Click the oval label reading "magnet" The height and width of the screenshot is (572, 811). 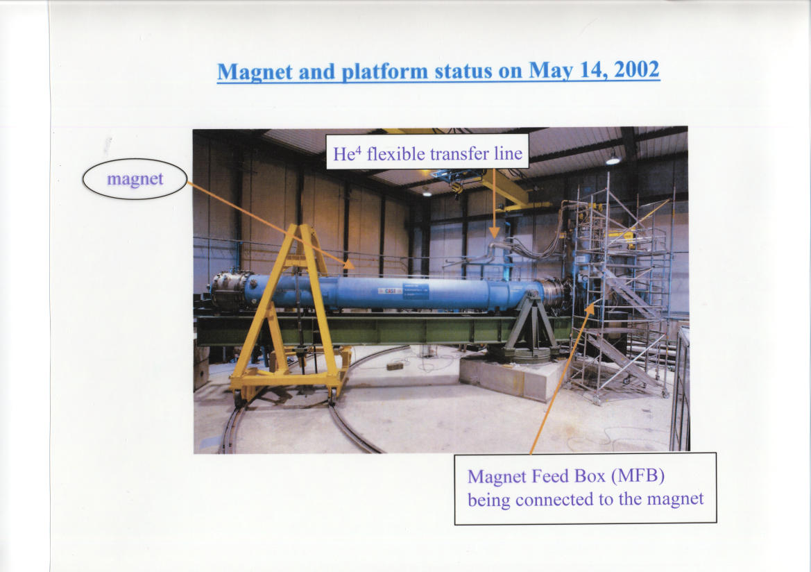tap(135, 179)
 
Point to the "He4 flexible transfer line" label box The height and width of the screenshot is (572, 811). tap(427, 151)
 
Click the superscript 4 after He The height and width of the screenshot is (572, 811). tap(357, 149)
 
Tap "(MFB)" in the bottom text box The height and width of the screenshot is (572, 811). tap(638, 476)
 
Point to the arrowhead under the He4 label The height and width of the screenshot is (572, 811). tap(495, 233)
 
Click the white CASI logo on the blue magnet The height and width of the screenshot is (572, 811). tap(390, 291)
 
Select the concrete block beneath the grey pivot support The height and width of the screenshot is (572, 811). tap(511, 378)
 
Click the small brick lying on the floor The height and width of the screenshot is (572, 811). tap(395, 366)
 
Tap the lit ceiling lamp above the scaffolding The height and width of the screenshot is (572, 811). tap(613, 160)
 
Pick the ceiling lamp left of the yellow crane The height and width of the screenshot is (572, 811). tap(427, 193)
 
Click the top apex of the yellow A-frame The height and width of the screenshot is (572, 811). tap(305, 226)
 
